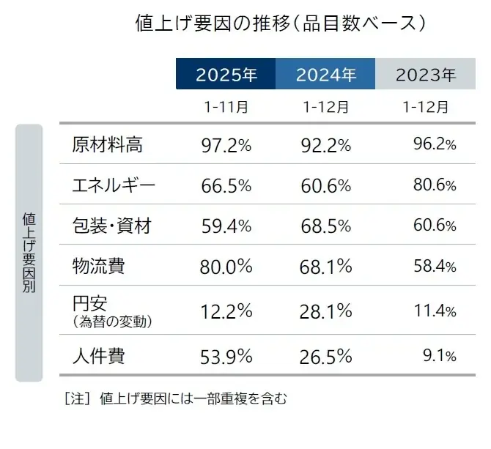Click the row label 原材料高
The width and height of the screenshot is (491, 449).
[107, 145]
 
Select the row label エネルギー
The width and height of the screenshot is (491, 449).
[114, 185]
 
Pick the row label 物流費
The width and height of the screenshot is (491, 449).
[98, 265]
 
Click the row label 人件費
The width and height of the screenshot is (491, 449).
[98, 357]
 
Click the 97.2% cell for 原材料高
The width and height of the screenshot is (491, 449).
[226, 146]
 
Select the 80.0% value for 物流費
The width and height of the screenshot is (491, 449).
[226, 267]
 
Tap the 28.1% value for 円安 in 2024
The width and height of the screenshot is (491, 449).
[326, 311]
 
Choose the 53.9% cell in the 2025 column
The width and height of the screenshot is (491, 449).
[226, 357]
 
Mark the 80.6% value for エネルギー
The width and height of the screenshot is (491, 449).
[435, 185]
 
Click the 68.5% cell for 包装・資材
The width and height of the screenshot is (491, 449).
[326, 226]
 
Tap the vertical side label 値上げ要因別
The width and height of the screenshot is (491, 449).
[29, 253]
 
